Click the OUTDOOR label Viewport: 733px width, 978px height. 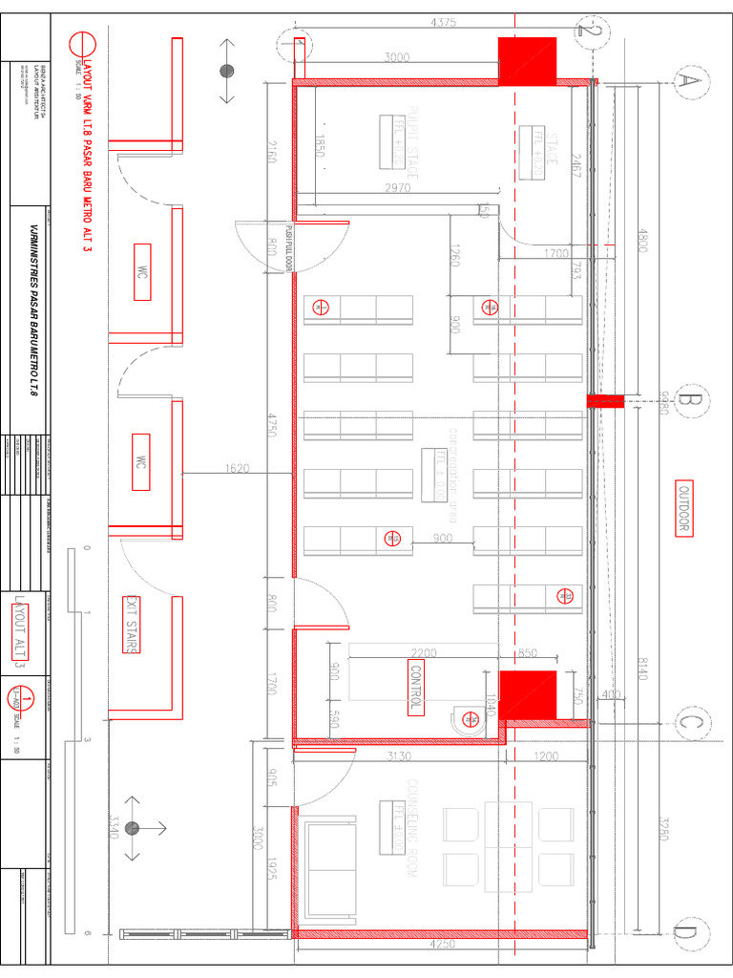[683, 508]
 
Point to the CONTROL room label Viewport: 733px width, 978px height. [416, 687]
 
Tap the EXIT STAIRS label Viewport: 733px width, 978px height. [131, 625]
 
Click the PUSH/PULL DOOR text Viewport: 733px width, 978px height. [286, 247]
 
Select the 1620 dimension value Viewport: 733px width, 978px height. [238, 469]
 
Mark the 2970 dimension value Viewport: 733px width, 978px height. [398, 188]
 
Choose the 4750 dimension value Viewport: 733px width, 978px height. [272, 424]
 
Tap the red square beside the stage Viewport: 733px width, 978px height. [527, 60]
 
